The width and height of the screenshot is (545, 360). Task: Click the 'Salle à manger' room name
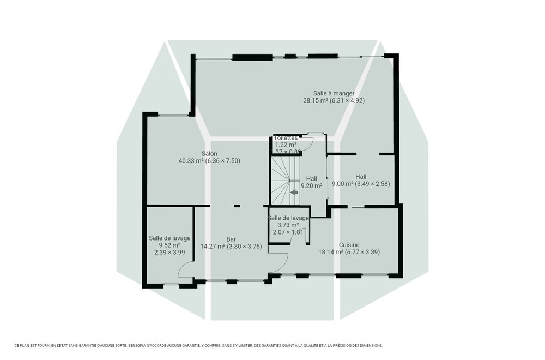point(334,93)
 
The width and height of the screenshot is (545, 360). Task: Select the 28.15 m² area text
point(334,100)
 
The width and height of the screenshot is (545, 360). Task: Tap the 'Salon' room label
point(209,154)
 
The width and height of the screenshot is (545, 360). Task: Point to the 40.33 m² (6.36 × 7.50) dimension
point(209,161)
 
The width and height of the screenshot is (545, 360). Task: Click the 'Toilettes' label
point(286,139)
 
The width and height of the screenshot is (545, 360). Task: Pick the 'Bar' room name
point(231,238)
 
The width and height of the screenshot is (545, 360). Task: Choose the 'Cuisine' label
point(349,245)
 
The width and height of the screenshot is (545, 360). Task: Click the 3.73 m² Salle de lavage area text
point(288,225)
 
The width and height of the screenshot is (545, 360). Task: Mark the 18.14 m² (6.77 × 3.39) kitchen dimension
point(349,252)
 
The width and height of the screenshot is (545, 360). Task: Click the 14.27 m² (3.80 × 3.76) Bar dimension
point(231,246)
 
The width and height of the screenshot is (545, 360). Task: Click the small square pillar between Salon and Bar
point(237,206)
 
